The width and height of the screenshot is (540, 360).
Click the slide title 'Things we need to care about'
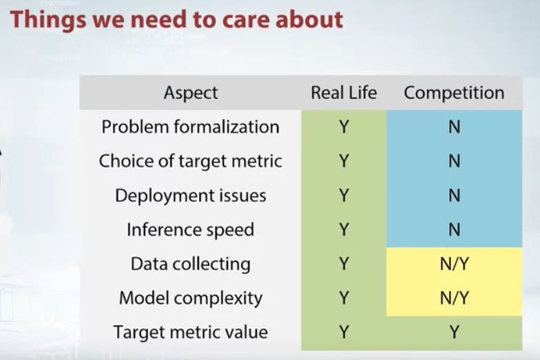point(176,20)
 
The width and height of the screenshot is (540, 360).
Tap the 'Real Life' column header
point(344,92)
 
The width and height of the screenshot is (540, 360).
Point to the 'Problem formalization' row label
point(190,127)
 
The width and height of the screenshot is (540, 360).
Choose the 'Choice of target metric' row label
point(190,161)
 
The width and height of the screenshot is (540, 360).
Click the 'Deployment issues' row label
point(190,195)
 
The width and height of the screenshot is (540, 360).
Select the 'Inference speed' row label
point(190,230)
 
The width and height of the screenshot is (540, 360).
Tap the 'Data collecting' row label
point(190,264)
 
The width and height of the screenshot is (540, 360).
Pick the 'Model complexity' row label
point(190,299)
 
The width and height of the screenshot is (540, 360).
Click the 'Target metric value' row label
point(190,332)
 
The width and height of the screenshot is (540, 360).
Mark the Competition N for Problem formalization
point(455,127)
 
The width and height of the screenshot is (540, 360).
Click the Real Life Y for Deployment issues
point(344,195)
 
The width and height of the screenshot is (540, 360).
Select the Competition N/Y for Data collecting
point(455,264)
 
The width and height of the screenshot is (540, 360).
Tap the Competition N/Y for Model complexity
point(455,298)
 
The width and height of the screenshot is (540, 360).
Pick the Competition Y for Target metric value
point(455,332)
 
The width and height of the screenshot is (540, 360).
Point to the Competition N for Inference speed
point(455,230)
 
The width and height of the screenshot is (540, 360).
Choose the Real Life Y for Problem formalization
point(344,127)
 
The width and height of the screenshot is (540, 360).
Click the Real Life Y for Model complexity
point(344,298)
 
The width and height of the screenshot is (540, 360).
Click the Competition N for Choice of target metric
point(455,161)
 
